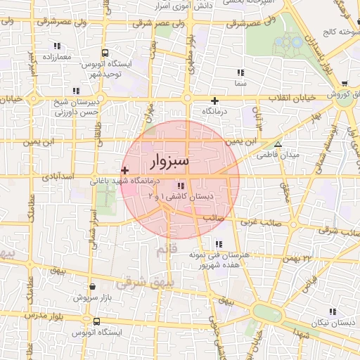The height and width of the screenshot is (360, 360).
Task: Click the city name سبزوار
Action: (170, 162)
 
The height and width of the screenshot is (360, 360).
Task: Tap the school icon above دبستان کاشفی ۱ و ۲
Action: (181, 186)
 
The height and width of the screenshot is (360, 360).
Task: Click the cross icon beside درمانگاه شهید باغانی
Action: (125, 169)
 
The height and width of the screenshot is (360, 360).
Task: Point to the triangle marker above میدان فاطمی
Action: (278, 144)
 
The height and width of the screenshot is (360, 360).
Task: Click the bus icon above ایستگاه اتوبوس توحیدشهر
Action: (105, 53)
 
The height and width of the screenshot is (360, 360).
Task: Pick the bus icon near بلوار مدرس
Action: (96, 321)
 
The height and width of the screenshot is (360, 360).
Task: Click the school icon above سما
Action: (241, 72)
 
